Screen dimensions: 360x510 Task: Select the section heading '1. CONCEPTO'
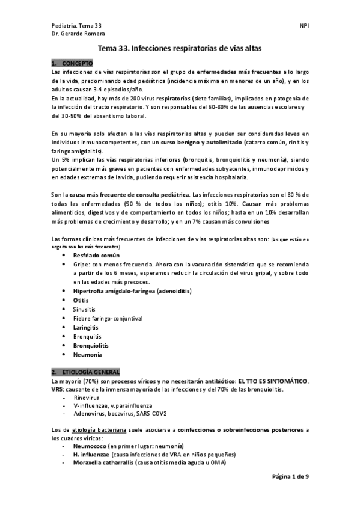pos(72,63)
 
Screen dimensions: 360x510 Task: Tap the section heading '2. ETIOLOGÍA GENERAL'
pos(85,372)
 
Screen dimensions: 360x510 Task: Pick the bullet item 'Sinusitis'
pos(85,309)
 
